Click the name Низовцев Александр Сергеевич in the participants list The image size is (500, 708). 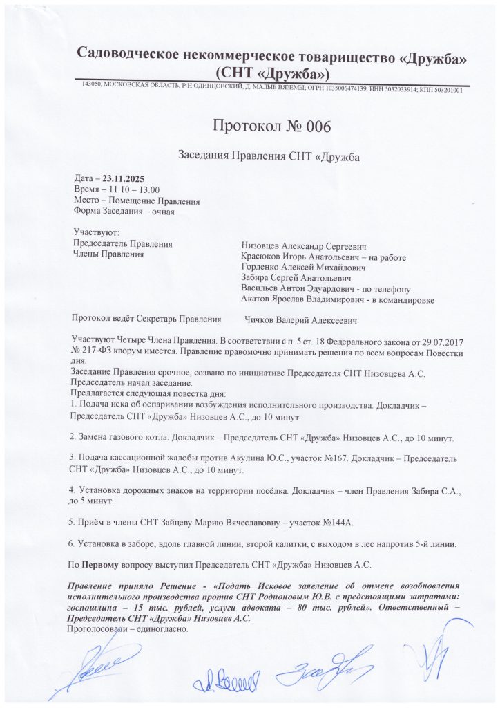tap(303, 245)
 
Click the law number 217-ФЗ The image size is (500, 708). tap(95, 350)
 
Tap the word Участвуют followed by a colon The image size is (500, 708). tap(97, 233)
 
